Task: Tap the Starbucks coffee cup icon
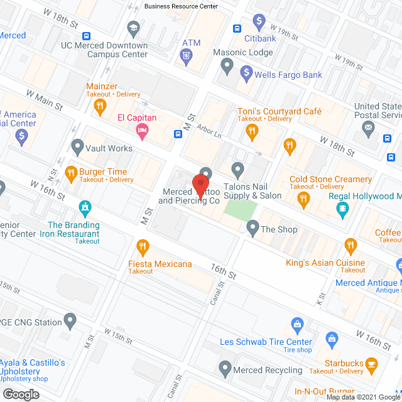pos(371,363)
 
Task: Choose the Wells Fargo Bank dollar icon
pos(245,75)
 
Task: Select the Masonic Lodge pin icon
pos(227,65)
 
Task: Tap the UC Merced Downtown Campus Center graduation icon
pos(133,28)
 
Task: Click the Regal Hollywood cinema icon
pos(343,209)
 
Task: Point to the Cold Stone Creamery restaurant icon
pos(303,200)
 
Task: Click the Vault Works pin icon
pos(77,148)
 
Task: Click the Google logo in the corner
pos(20,394)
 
